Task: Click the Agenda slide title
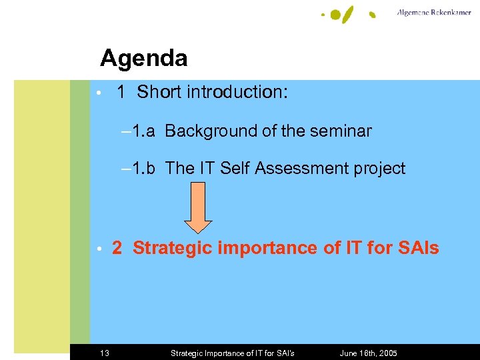tap(143, 59)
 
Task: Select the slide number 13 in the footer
tap(105, 353)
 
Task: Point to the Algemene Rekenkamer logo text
tap(433, 13)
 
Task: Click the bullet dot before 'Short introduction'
tap(98, 93)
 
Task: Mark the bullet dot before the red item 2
tap(98, 249)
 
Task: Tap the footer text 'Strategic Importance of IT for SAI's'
tap(232, 353)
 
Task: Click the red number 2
tap(117, 249)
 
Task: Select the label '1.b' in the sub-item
tap(143, 169)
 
